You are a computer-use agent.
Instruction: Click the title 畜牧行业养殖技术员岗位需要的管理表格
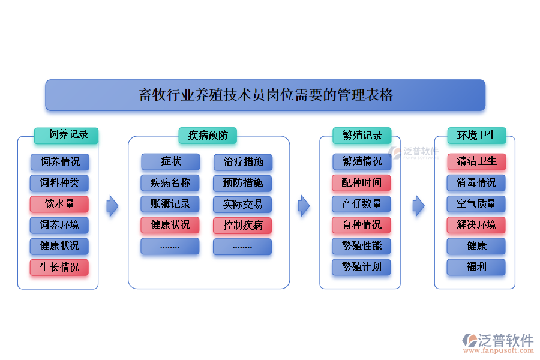(265, 95)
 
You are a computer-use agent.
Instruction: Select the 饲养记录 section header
(66, 135)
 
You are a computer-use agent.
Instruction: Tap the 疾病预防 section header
(208, 136)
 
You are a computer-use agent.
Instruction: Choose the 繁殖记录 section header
(362, 136)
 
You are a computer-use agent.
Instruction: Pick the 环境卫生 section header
(476, 136)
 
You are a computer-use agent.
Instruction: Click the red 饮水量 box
(59, 204)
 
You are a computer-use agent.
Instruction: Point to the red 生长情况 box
(59, 267)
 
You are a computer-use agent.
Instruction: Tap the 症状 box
(170, 162)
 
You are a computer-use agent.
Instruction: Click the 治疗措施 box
(243, 162)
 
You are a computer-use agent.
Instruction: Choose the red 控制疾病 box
(243, 226)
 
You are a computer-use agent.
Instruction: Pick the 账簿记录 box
(170, 204)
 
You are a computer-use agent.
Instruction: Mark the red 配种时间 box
(362, 183)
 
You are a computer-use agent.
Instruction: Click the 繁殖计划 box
(362, 267)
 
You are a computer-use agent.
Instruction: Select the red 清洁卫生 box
(476, 162)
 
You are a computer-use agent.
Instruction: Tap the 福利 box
(476, 267)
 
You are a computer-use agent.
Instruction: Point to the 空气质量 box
(476, 204)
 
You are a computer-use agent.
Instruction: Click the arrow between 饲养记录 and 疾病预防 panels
(112, 206)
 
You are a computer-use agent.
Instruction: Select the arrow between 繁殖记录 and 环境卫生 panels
(418, 206)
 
